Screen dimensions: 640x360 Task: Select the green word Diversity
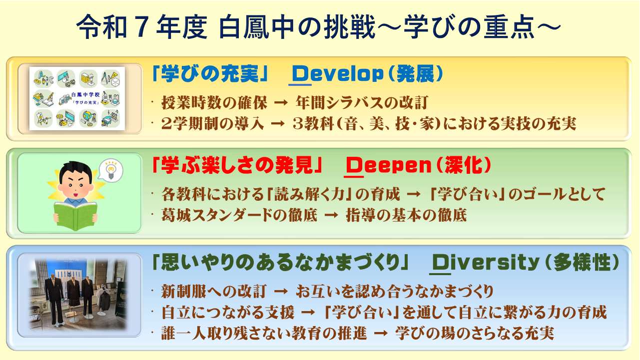coord(485,263)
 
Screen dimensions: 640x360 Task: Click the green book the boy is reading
coord(76,216)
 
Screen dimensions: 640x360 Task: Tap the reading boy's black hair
coord(76,171)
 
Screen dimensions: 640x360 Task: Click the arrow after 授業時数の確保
coord(281,103)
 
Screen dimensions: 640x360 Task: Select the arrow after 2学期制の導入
coord(278,124)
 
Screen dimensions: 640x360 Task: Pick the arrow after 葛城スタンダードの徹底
coord(331,215)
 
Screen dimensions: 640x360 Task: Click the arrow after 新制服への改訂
coord(281,292)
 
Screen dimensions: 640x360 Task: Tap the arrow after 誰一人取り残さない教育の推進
coord(381,333)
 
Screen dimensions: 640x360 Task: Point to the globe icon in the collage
coord(87,118)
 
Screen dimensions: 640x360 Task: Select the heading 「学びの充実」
coord(209,74)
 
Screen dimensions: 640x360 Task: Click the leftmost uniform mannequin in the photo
coord(54,298)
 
